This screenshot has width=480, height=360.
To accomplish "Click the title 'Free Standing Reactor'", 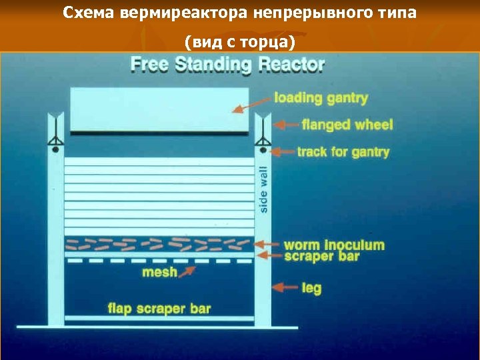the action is (227, 65).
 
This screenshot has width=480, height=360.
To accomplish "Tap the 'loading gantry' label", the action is (321, 98).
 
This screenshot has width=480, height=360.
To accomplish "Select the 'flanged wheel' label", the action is (347, 125).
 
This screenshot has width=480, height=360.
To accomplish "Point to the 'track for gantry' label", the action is (343, 152).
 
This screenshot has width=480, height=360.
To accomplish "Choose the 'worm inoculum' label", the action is (334, 245).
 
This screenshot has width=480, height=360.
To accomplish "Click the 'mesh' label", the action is (159, 272).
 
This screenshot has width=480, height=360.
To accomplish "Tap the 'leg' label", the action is (311, 289).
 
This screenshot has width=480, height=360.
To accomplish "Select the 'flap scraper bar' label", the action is (159, 308).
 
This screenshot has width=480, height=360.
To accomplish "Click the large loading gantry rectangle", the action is (160, 110).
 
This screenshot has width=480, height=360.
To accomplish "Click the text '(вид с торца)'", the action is (239, 43).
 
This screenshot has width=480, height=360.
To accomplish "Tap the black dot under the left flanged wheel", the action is (55, 150).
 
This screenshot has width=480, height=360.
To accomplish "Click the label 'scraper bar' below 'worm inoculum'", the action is (321, 256).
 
